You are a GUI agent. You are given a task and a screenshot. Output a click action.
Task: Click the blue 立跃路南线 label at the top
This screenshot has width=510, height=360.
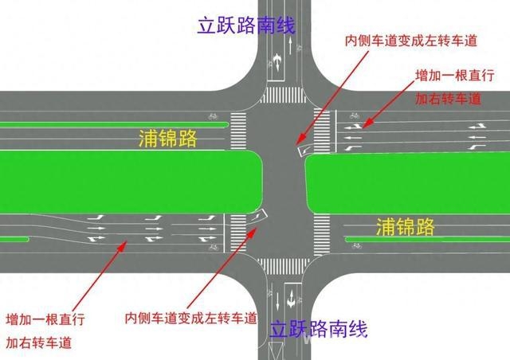(x=246, y=25)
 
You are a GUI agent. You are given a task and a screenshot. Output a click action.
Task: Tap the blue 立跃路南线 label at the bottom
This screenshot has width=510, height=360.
(x=319, y=329)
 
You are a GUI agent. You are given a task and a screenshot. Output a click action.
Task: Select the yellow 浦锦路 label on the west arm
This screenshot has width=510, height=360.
(x=168, y=139)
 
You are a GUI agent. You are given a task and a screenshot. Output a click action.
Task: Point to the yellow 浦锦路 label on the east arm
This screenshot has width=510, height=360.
(x=406, y=226)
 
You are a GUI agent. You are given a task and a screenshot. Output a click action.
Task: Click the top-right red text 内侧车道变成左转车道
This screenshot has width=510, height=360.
(x=411, y=41)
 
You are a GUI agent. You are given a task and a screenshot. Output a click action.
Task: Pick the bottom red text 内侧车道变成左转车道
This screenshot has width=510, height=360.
(x=191, y=318)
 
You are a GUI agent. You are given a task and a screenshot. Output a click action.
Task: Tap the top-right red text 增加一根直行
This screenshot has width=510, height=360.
(x=455, y=76)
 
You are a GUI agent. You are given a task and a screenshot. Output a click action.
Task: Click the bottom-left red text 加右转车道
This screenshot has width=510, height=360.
(x=39, y=342)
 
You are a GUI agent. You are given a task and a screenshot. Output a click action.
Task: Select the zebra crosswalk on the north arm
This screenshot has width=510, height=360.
(x=284, y=95)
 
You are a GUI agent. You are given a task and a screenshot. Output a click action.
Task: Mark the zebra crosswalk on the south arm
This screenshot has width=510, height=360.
(x=284, y=266)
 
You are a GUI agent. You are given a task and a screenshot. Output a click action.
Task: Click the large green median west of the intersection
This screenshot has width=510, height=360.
(x=131, y=182)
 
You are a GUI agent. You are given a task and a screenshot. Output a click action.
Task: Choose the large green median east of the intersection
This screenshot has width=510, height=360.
(x=407, y=184)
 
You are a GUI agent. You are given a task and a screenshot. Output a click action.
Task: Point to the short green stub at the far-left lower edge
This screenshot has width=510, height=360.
(x=14, y=240)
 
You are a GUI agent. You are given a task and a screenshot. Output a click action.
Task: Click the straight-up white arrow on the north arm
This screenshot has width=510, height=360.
(x=290, y=45)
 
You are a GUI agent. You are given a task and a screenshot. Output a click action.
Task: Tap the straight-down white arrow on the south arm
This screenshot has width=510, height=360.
(x=277, y=302)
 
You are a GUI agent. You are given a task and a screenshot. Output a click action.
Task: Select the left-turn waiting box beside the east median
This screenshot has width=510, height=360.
(x=304, y=151)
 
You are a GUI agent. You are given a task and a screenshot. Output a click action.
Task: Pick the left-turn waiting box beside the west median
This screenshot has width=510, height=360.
(x=257, y=216)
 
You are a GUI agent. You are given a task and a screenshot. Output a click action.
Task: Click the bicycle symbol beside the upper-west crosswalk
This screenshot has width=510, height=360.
(x=213, y=115)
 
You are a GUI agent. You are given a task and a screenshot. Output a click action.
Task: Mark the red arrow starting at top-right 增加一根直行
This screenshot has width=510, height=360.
(x=388, y=104)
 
